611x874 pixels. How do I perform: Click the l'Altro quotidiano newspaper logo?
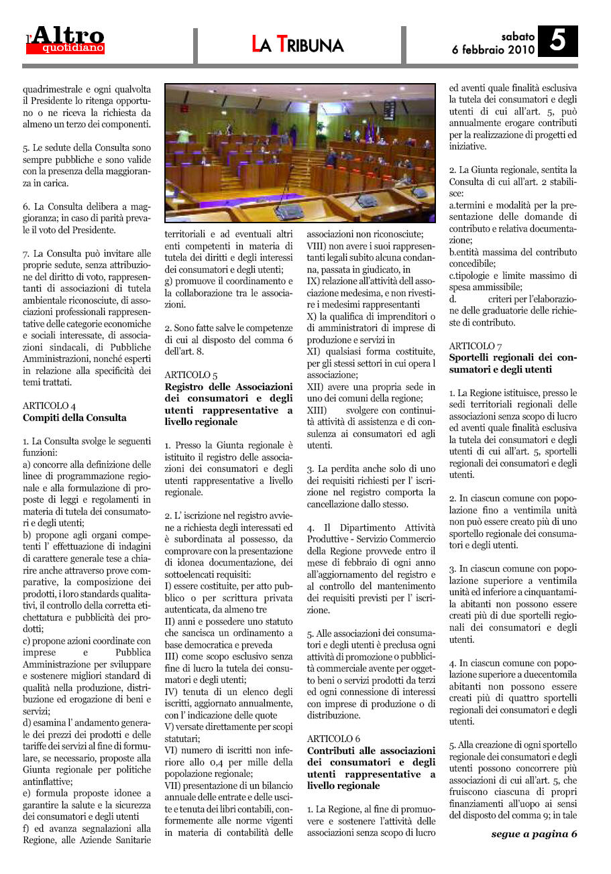pos(66,41)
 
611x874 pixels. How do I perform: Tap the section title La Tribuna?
pos(298,44)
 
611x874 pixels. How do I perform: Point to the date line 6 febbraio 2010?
pos(493,50)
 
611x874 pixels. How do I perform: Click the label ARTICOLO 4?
pos(49,405)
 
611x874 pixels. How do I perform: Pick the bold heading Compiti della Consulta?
pos(74,418)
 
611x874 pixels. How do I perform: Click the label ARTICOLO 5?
pos(191,375)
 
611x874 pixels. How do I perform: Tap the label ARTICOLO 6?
pos(333,738)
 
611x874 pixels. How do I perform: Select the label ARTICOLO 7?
pos(476,345)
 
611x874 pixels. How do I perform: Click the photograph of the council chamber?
pos(300,153)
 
